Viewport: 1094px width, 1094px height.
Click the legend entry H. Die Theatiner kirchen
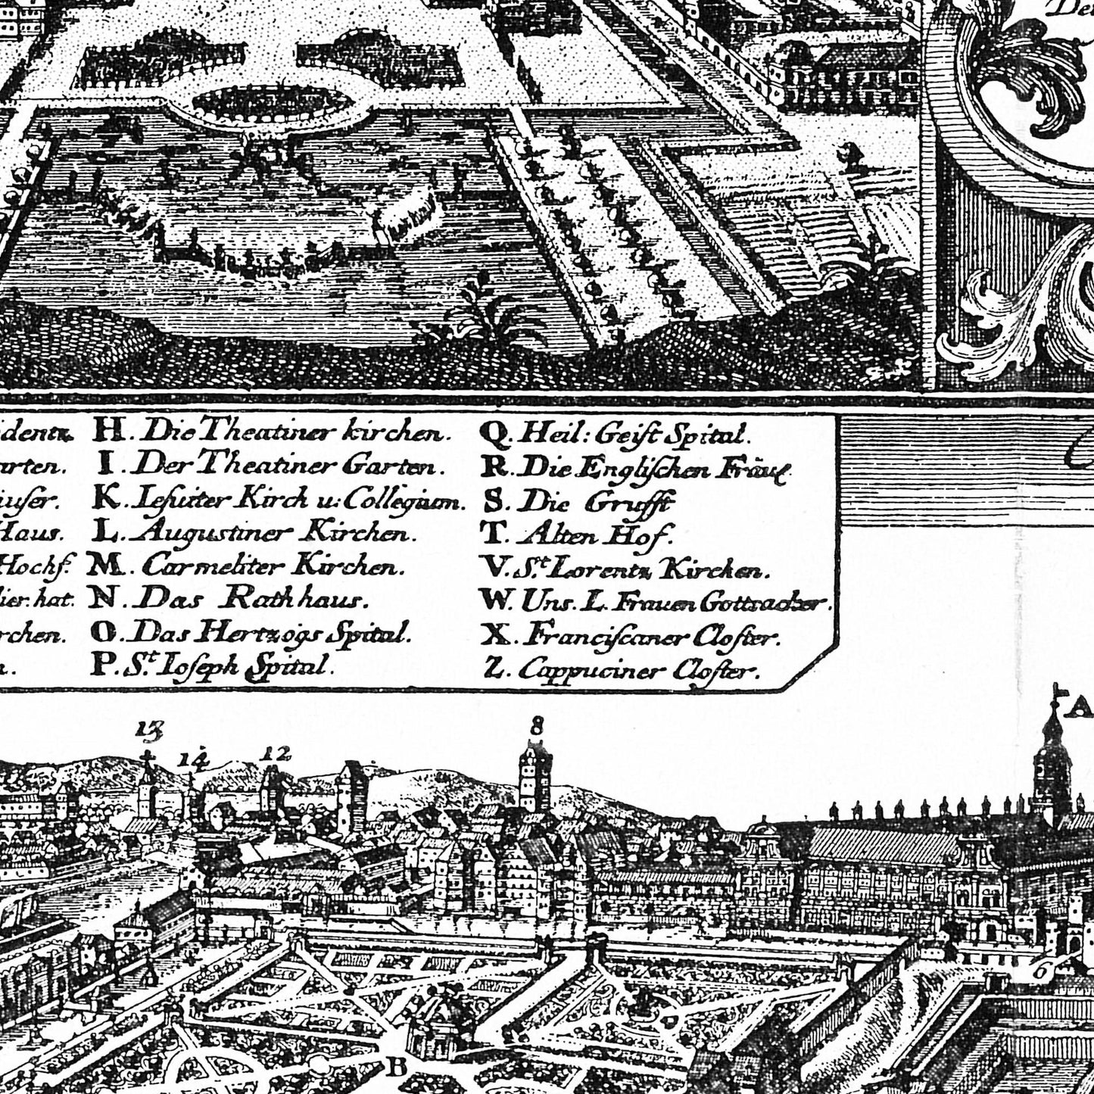click(x=269, y=433)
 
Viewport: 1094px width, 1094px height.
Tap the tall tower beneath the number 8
click(x=536, y=780)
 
